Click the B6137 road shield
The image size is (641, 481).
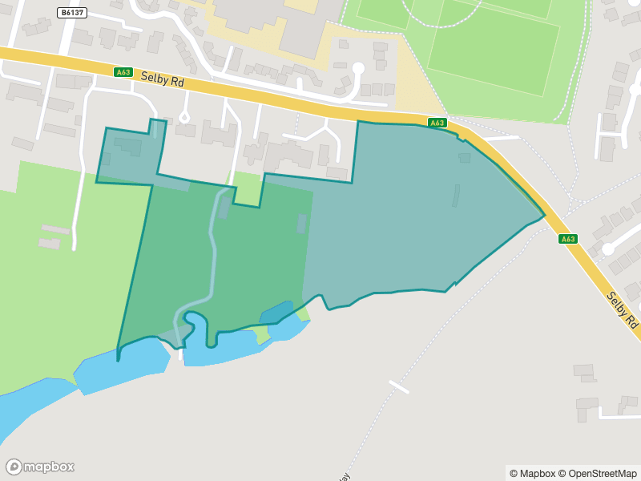(x=72, y=13)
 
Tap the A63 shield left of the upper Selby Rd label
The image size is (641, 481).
(x=123, y=72)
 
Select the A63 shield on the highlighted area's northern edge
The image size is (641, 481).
(x=437, y=123)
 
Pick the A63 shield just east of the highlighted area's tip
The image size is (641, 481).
(x=568, y=239)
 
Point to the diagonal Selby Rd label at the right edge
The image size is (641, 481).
(x=623, y=309)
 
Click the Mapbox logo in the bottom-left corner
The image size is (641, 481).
(x=40, y=467)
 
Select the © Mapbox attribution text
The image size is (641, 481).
(x=532, y=474)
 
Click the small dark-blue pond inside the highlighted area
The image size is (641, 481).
(x=277, y=312)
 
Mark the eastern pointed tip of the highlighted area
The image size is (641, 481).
(x=544, y=214)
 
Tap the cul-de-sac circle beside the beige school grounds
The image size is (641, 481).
(x=358, y=69)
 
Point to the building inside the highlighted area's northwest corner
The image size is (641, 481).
(x=127, y=147)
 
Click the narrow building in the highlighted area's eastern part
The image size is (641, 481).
(x=457, y=195)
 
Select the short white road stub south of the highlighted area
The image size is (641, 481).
(x=398, y=386)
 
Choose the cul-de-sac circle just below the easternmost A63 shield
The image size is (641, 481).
(x=607, y=249)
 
